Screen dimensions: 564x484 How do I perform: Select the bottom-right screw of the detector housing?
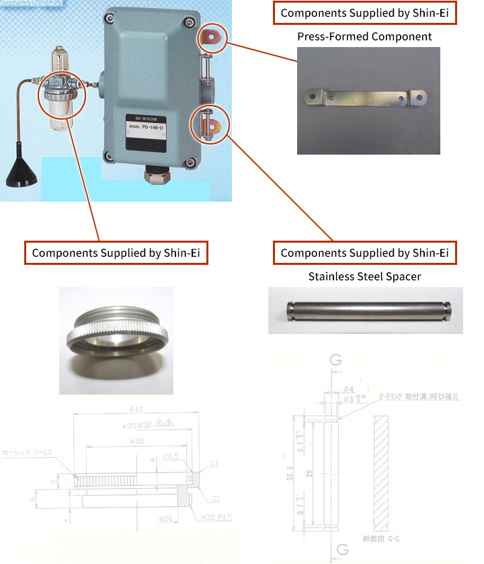[x=193, y=161]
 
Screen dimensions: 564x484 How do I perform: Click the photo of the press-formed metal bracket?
[x=368, y=100]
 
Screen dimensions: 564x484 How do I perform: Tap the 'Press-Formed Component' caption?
[x=364, y=36]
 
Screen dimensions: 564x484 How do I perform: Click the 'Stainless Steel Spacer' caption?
[x=364, y=276]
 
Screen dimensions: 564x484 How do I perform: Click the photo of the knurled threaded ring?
[x=116, y=340]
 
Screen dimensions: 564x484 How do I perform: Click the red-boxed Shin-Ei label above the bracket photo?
[x=364, y=13]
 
